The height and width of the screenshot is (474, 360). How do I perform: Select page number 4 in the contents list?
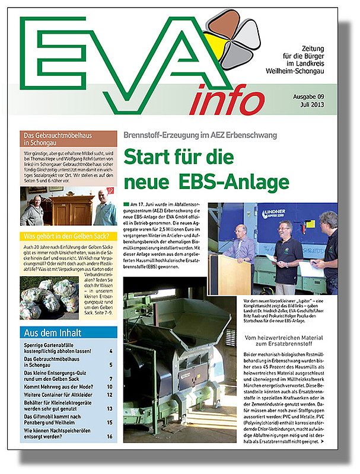click(111, 351)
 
